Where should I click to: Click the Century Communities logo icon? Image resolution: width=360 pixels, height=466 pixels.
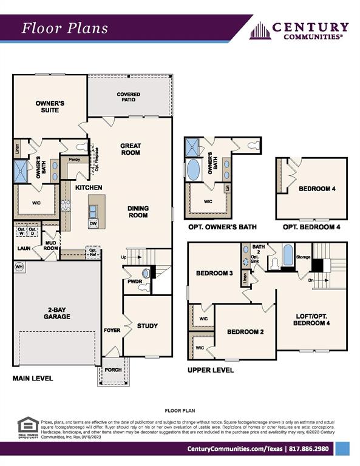(260, 30)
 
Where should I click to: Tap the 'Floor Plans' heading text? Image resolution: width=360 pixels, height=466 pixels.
(65, 28)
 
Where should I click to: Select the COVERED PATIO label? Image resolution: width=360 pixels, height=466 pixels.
(128, 97)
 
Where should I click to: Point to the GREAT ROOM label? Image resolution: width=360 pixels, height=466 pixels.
(130, 149)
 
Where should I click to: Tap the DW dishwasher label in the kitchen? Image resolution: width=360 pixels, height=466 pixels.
(92, 223)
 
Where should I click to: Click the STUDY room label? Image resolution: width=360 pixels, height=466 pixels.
(147, 326)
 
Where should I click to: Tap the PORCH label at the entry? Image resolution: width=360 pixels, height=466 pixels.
(113, 370)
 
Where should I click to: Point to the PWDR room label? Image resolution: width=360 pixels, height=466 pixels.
(134, 282)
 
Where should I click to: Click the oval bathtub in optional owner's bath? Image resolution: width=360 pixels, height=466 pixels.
(193, 169)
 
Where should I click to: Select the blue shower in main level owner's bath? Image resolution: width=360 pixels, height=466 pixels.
(21, 171)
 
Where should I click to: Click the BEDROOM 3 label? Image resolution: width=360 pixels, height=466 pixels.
(214, 273)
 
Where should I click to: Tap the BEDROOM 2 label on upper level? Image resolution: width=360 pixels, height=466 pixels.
(245, 332)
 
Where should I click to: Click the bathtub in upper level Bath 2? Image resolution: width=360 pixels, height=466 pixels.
(288, 255)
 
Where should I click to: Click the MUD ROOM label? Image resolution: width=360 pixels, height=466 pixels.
(50, 245)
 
